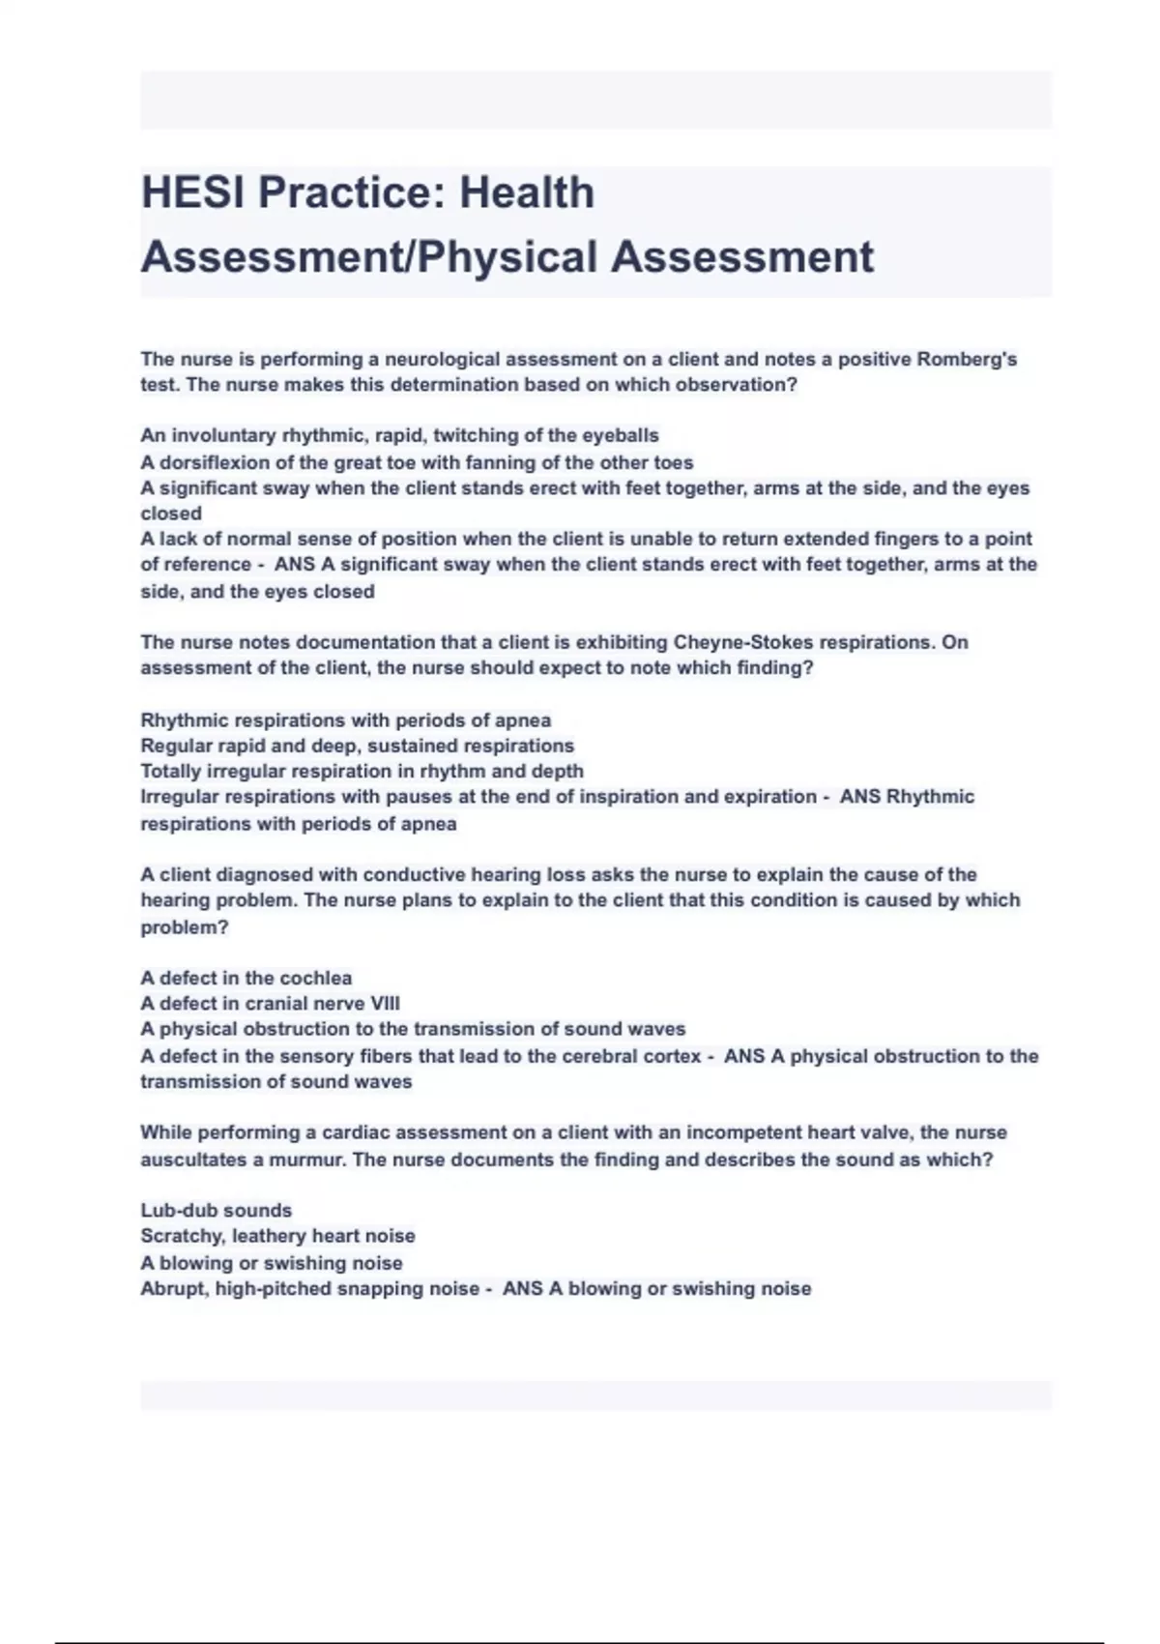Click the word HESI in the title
click(191, 192)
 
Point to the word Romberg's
click(966, 360)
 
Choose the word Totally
click(171, 771)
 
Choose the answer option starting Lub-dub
click(216, 1211)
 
